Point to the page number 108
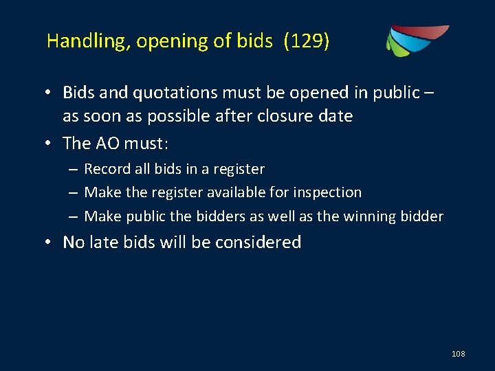pyautogui.click(x=459, y=354)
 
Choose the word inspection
pyautogui.click(x=327, y=192)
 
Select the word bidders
pyautogui.click(x=219, y=216)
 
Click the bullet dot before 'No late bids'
pyautogui.click(x=52, y=243)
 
